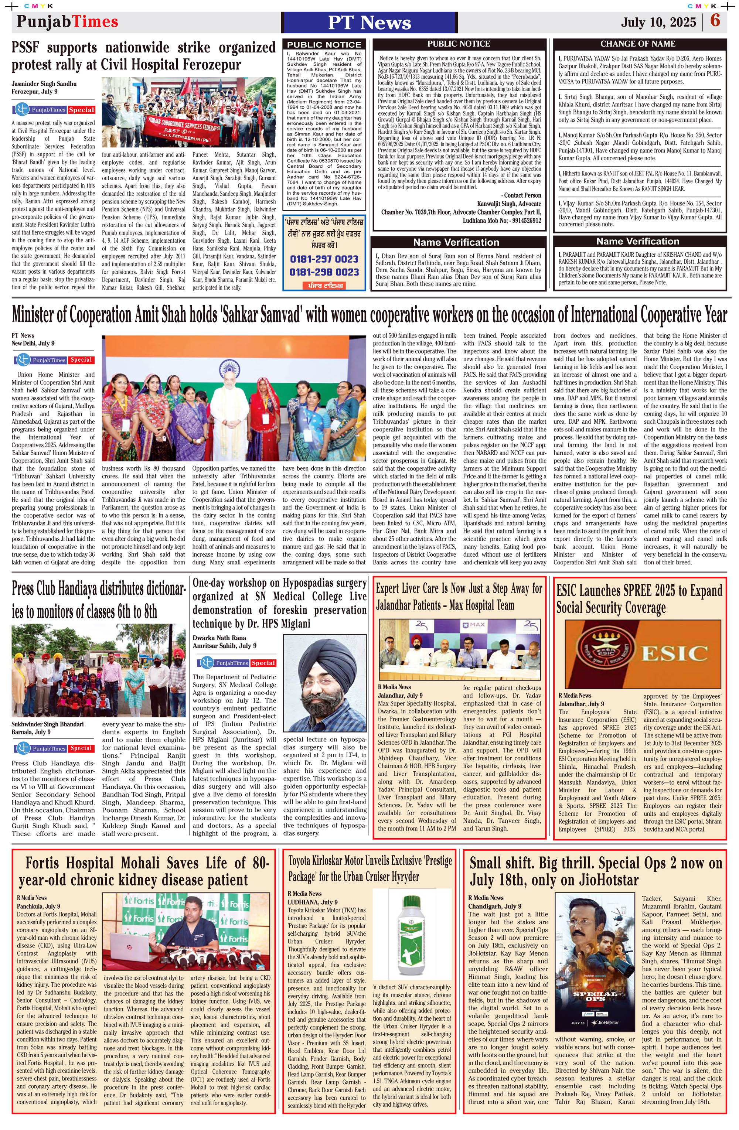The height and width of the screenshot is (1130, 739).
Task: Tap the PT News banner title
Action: click(369, 22)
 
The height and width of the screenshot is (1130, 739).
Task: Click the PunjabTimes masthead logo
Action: click(68, 21)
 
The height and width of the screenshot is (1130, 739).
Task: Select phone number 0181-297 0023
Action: click(324, 259)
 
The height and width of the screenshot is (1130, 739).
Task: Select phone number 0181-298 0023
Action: click(324, 272)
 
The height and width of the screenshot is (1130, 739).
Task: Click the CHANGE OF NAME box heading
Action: click(637, 44)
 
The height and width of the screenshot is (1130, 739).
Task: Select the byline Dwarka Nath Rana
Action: click(219, 638)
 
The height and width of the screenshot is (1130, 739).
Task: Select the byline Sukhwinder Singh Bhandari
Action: click(48, 724)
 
